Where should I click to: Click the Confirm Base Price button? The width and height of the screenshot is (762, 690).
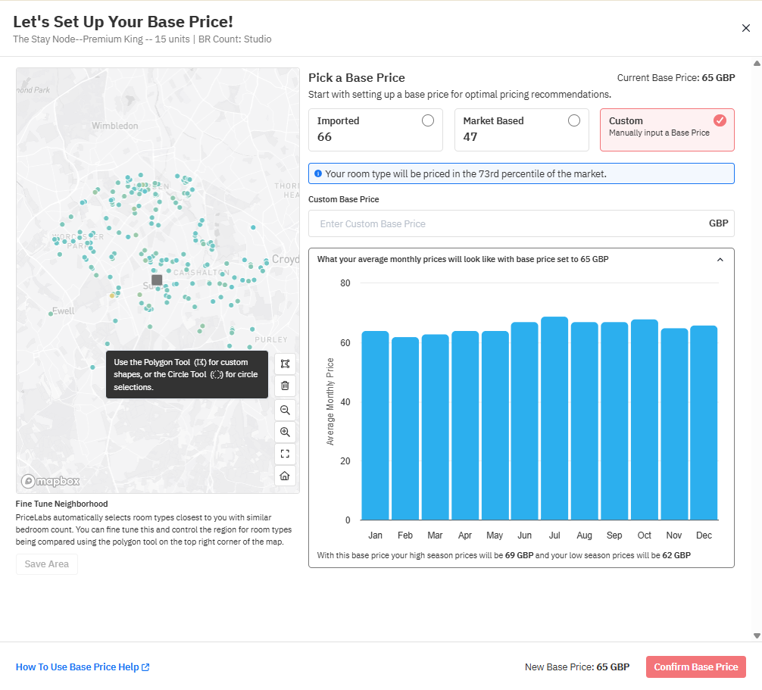[695, 667]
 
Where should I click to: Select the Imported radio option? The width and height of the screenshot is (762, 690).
[428, 120]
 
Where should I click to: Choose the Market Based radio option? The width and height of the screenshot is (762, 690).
[574, 120]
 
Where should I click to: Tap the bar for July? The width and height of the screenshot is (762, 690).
[554, 418]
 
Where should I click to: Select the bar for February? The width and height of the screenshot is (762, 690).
[405, 429]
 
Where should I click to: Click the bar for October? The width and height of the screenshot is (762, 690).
[645, 420]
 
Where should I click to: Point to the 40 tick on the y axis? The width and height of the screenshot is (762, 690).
[345, 402]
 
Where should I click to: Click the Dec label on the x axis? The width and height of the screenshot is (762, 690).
[704, 535]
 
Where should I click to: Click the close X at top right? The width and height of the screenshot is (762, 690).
[746, 28]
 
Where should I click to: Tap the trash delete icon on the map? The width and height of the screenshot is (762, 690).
[285, 386]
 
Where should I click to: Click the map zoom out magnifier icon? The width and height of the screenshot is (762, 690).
[285, 410]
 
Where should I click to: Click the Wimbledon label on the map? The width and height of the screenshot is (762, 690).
[115, 126]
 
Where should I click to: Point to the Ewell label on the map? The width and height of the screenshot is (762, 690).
[64, 311]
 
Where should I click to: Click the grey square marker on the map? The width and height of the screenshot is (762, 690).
[157, 280]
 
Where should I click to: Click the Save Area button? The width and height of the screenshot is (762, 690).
[47, 564]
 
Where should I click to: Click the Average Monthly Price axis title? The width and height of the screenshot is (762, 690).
[330, 401]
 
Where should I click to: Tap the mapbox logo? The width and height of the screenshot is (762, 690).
[51, 482]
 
